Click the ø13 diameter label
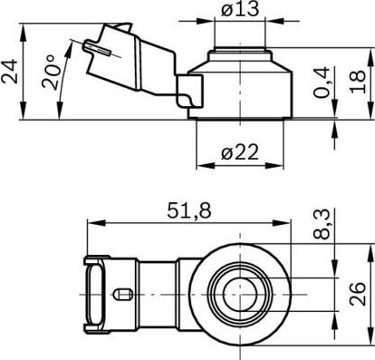tap(240, 9)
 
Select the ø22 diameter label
tap(240, 152)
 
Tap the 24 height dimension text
tap(9, 72)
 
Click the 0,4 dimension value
tap(321, 83)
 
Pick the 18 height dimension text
tap(358, 82)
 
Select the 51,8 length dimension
tap(189, 210)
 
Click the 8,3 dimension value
tap(321, 224)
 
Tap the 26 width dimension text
tap(358, 294)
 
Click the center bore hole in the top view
tap(240, 295)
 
